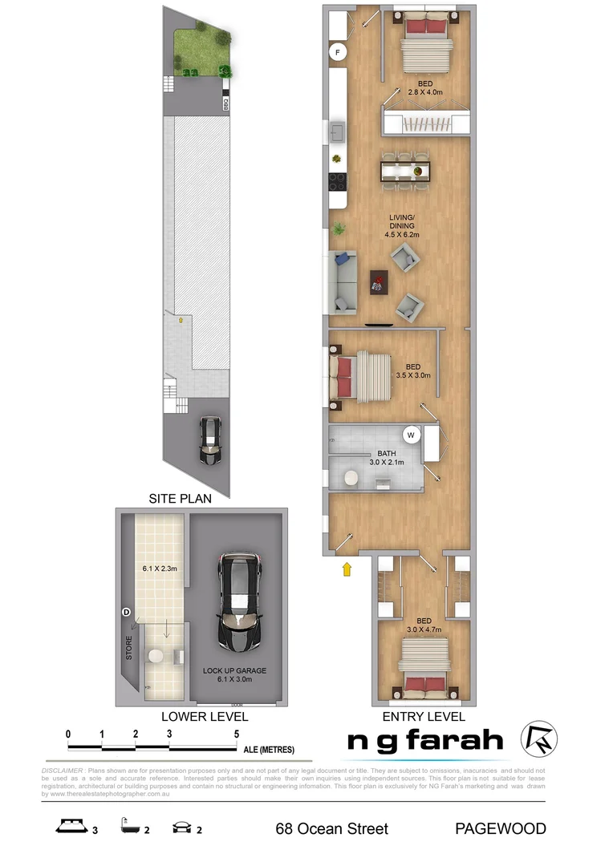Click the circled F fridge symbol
click(x=339, y=54)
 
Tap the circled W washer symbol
click(x=411, y=435)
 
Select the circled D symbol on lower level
click(x=126, y=613)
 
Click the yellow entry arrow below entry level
click(x=347, y=570)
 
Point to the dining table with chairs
click(x=406, y=171)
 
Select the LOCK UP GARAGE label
click(x=234, y=670)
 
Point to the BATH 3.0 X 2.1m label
click(x=385, y=457)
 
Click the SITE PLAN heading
click(x=180, y=498)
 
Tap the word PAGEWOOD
click(x=501, y=828)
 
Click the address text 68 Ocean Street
click(x=331, y=828)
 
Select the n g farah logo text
click(x=425, y=740)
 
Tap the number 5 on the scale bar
click(x=237, y=734)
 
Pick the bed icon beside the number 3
click(x=71, y=827)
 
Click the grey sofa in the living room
click(x=340, y=281)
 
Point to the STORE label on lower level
click(x=128, y=649)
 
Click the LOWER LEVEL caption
click(x=205, y=716)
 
